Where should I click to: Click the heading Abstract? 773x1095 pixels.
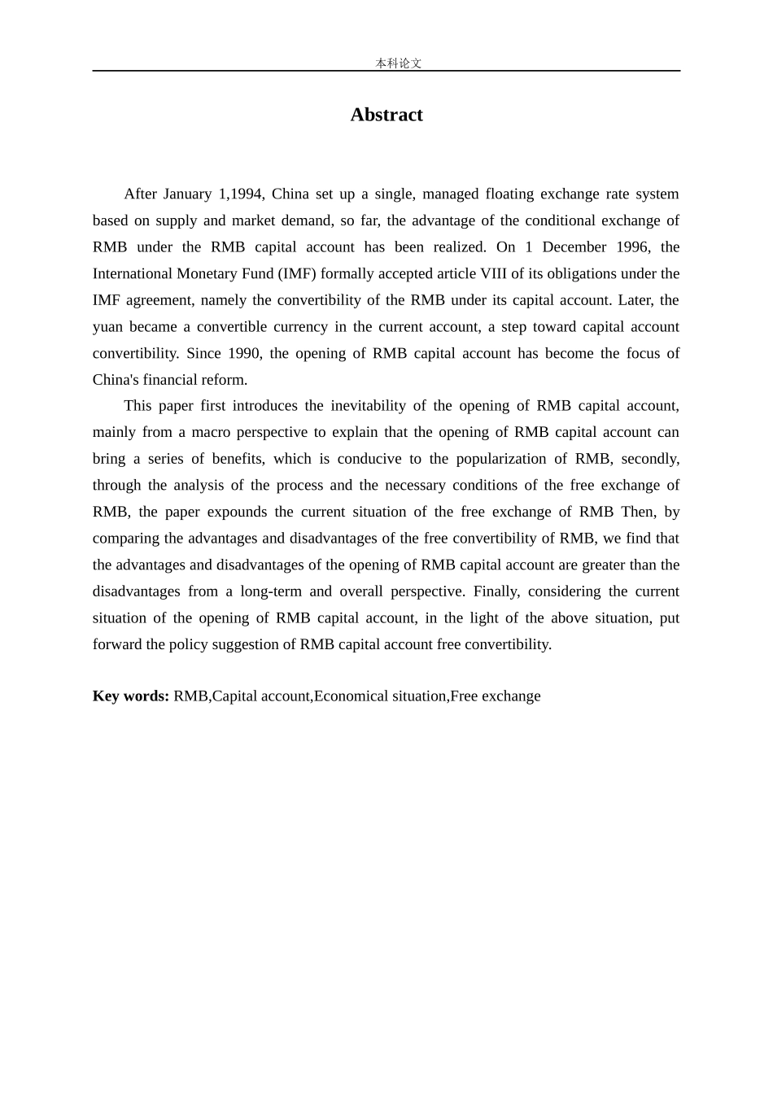point(386,115)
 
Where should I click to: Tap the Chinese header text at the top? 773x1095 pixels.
point(398,63)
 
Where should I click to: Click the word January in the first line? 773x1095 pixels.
point(187,194)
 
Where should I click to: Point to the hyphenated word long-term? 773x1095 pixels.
point(270,591)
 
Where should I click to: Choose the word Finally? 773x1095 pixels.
point(496,591)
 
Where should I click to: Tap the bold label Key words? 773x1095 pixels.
point(131,696)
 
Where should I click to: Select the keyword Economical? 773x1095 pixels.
point(352,696)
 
